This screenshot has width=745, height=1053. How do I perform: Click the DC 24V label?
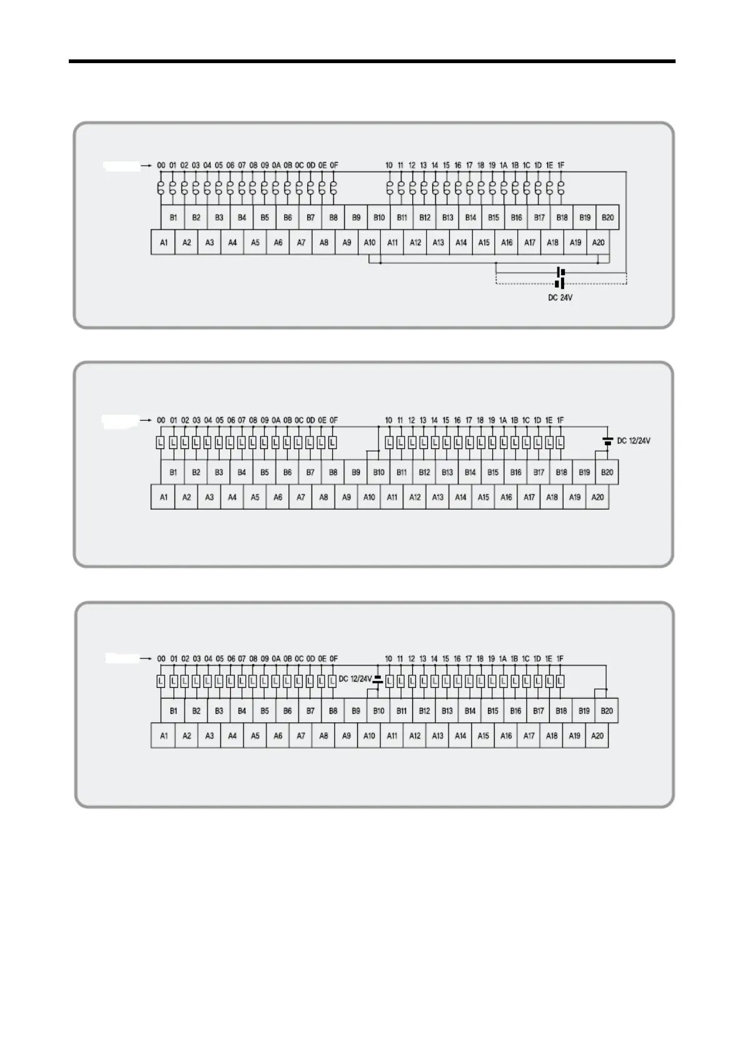click(560, 298)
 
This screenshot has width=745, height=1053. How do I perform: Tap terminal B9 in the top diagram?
click(356, 218)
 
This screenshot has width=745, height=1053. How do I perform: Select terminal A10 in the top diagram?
click(370, 243)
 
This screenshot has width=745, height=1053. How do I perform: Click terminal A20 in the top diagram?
click(598, 243)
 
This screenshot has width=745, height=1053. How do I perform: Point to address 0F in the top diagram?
click(333, 166)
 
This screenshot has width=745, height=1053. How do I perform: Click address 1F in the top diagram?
click(560, 166)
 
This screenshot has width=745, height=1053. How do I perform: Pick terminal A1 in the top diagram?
click(163, 243)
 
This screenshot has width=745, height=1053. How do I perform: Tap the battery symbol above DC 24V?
click(560, 278)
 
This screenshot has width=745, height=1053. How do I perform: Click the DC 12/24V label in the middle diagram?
click(634, 441)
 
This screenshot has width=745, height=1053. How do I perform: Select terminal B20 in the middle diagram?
click(607, 472)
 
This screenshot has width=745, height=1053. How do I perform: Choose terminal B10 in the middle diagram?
click(378, 472)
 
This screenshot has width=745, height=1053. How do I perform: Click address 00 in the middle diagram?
click(161, 420)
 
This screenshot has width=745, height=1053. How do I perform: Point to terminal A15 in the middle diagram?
click(484, 497)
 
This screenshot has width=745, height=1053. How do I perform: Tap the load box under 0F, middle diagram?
click(333, 443)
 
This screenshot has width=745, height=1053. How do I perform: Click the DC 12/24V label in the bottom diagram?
click(355, 679)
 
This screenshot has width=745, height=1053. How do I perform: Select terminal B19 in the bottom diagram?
click(584, 711)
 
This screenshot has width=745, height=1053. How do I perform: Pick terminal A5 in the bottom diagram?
click(255, 736)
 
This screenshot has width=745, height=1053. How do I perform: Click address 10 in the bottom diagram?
click(388, 659)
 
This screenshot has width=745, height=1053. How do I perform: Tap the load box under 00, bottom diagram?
click(161, 681)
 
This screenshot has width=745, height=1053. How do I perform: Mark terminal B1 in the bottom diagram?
click(173, 711)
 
